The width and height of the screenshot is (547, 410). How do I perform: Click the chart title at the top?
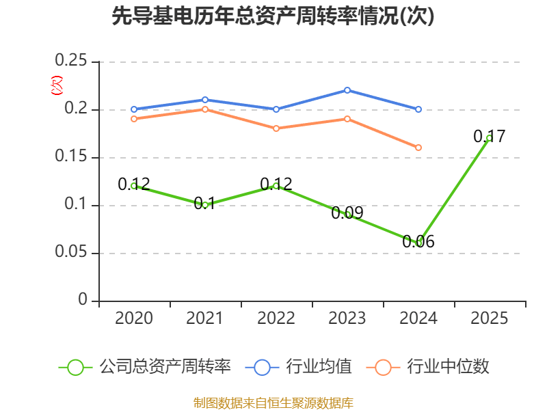273,16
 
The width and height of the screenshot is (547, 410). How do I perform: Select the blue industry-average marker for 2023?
347,90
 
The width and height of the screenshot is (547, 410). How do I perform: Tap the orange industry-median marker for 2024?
418,148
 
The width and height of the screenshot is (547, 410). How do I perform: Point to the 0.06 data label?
418,241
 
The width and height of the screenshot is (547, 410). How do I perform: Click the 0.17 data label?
490,136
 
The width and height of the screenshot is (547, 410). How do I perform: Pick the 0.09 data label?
347,213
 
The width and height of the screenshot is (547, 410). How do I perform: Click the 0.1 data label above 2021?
204,203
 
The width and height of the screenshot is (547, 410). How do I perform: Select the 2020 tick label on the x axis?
134,318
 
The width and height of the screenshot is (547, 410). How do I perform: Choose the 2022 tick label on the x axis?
276,318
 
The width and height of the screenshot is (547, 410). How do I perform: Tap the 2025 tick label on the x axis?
490,318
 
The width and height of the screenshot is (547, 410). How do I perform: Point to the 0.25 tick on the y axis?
71,61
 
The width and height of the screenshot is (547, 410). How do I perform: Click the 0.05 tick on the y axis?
71,253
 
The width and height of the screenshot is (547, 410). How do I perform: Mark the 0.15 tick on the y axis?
71,157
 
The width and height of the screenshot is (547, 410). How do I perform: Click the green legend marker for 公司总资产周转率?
75,367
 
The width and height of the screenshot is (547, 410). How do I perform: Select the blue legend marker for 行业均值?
263,367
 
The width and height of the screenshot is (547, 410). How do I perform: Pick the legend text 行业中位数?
448,367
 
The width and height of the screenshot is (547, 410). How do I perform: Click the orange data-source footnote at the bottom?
273,402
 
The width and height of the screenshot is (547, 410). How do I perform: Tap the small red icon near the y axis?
56,85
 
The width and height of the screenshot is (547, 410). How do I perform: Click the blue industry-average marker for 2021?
205,100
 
